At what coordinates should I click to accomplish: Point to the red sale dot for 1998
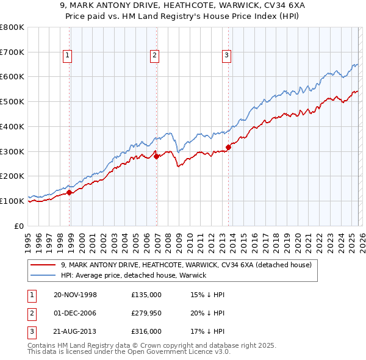point(70,192)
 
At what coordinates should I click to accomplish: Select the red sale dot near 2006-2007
point(157,156)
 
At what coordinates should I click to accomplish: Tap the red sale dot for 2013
point(229,147)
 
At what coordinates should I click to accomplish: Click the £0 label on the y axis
point(18,226)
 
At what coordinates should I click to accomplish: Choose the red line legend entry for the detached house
point(186,265)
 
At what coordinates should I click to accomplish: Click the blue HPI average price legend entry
point(133,275)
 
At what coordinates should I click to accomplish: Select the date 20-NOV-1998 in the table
point(75,295)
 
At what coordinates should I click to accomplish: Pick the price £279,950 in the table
point(146,314)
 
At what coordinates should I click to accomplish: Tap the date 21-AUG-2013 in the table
point(75,333)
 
